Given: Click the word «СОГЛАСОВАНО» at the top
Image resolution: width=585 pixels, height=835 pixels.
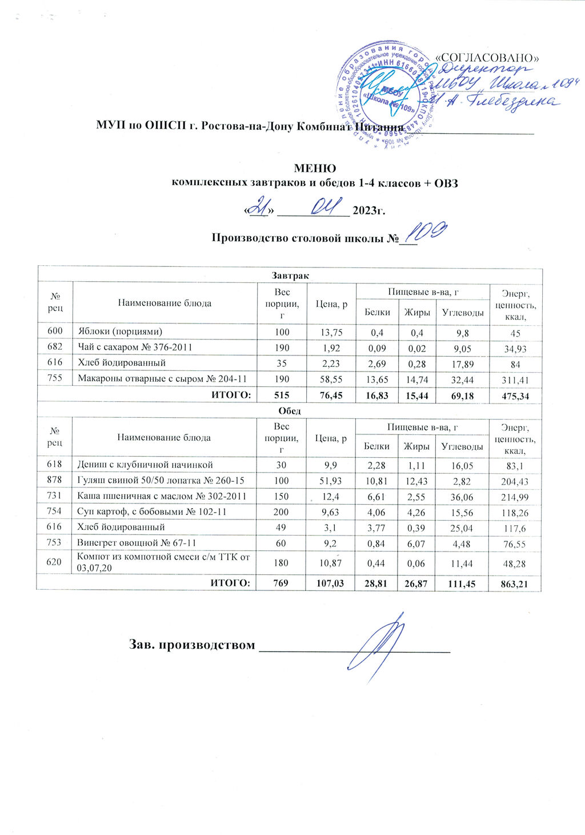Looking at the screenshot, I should tap(488, 58).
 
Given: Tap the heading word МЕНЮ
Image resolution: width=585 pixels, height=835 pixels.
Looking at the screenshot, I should tap(315, 169).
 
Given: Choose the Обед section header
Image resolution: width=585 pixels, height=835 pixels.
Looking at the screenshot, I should tap(290, 410).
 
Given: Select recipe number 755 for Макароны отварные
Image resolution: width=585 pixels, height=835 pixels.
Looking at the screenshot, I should tap(54, 378).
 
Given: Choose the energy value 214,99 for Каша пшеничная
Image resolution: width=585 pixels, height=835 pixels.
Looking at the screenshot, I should tap(515, 497).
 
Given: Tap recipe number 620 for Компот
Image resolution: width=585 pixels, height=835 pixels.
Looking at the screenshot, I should tap(54, 562).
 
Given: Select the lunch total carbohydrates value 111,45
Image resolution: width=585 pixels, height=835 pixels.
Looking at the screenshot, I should tap(462, 583).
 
